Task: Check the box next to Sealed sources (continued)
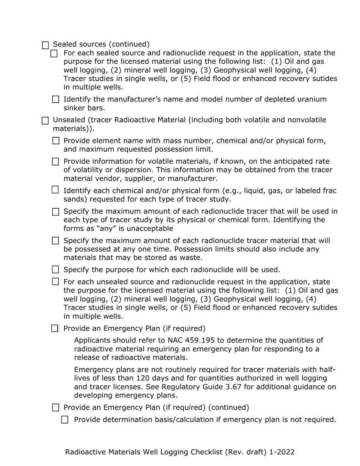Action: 45,45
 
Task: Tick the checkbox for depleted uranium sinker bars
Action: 56,100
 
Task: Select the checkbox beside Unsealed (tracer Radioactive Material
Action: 45,121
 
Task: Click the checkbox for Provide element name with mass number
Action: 56,141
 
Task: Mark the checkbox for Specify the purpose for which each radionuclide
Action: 56,270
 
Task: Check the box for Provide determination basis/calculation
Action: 65,420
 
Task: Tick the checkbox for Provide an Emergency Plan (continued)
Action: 56,408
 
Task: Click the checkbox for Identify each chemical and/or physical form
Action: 55,190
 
